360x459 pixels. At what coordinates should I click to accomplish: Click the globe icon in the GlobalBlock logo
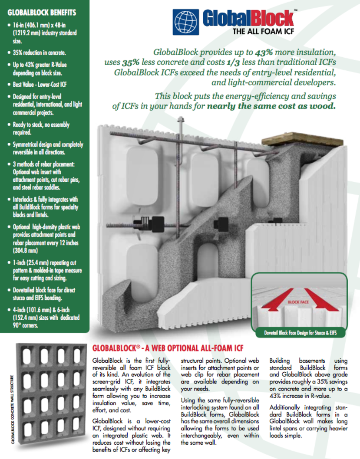186,22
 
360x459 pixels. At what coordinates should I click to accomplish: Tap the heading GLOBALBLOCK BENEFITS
42,13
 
